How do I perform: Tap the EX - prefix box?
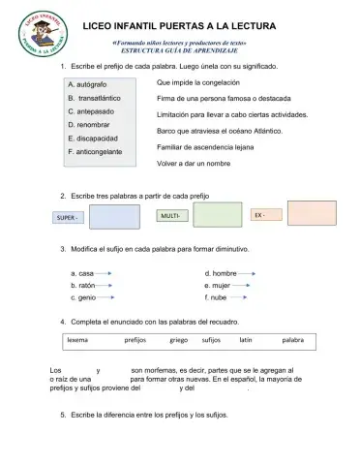coord(264,214)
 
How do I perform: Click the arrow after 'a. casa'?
coord(105,273)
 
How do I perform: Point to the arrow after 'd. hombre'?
coord(248,273)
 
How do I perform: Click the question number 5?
coord(62,415)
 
